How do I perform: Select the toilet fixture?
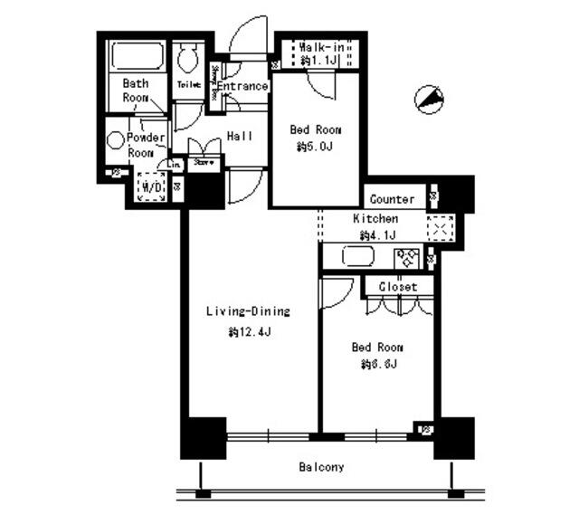pos(189,60)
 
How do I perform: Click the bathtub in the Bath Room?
pos(134,57)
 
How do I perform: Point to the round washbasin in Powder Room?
pos(115,140)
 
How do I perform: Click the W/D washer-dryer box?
pos(149,187)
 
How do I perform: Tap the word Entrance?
pos(242,87)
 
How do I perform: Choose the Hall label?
pos(239,137)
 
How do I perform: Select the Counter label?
pos(392,199)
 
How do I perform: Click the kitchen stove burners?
pos(404,257)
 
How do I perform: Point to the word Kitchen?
pos(375,219)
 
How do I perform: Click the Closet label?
pos(398,286)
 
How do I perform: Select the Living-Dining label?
pos(247,312)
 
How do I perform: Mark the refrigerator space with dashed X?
pos(440,228)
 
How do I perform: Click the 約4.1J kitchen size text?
pos(374,235)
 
